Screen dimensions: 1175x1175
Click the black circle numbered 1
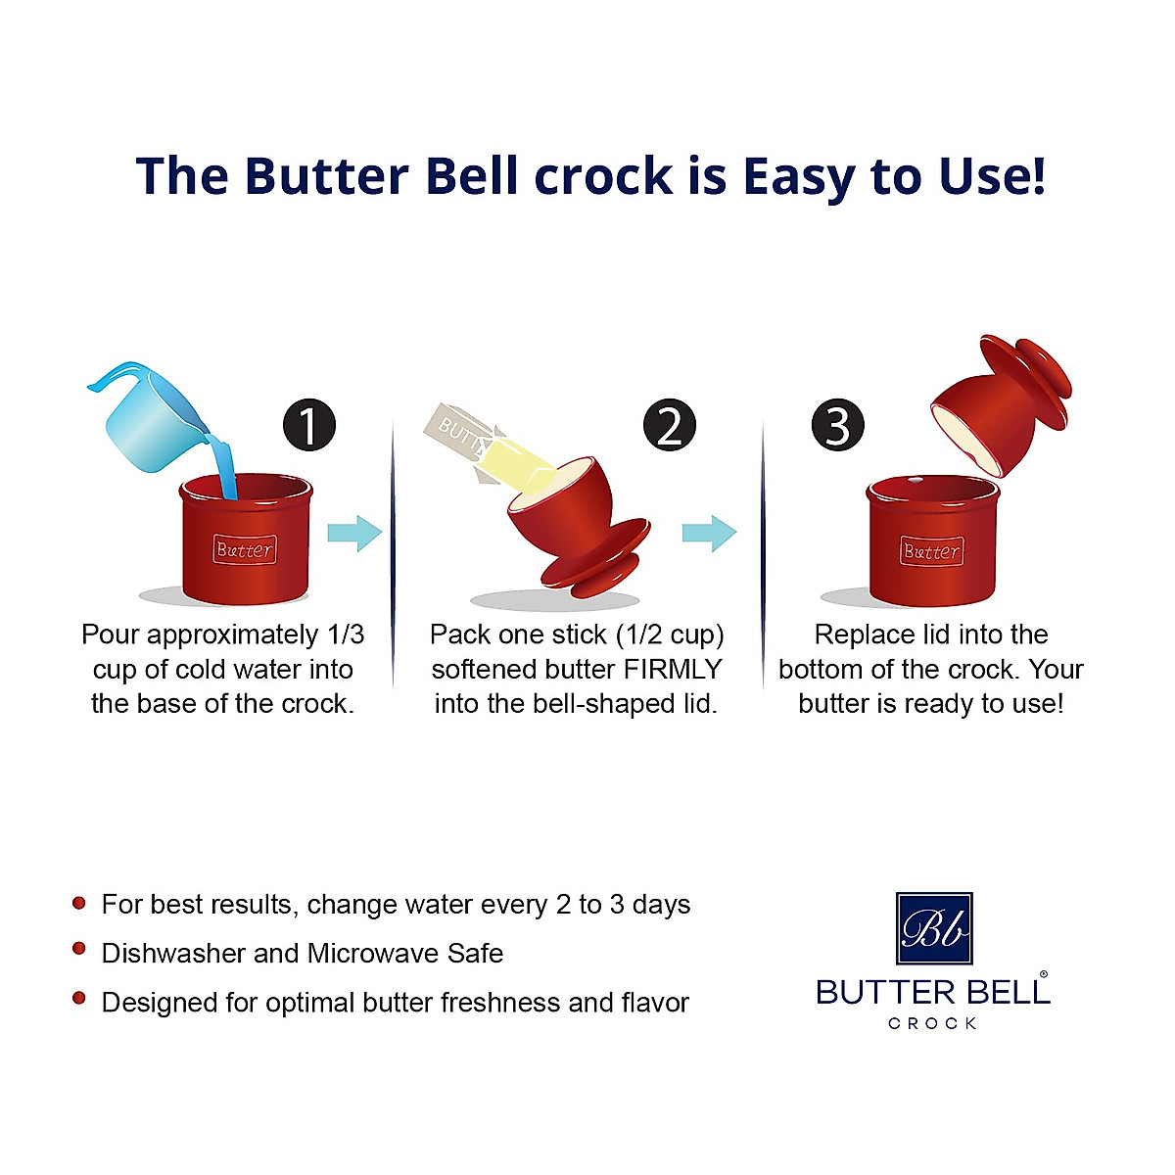[309, 426]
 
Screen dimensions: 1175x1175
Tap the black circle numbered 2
[670, 426]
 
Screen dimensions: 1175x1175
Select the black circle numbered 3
[838, 426]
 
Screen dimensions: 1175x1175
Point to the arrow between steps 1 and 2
[353, 534]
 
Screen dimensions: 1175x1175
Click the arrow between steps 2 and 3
[709, 534]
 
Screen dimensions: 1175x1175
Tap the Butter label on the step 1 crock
[245, 549]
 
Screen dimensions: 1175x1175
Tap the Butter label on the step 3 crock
[931, 551]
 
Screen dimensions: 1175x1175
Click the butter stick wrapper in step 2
[460, 436]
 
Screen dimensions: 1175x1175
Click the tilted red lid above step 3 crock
[999, 401]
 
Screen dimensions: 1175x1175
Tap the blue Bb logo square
[934, 928]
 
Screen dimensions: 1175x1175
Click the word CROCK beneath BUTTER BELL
[932, 1023]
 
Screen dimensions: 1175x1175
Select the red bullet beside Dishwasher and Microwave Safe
[79, 950]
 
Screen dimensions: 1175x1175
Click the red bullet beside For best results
[79, 902]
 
